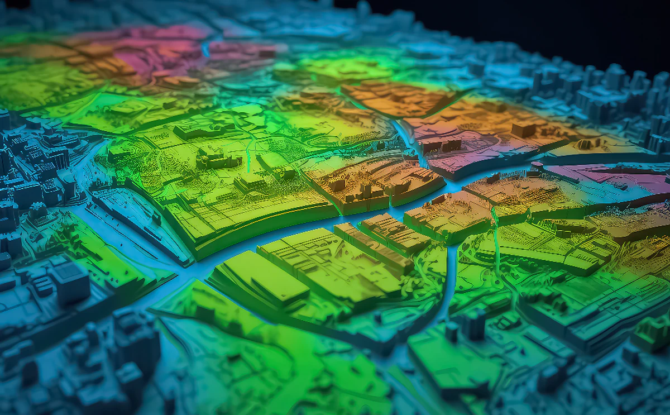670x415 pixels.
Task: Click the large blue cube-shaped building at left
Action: click(x=69, y=281)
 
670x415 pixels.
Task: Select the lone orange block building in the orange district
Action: click(x=523, y=130)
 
